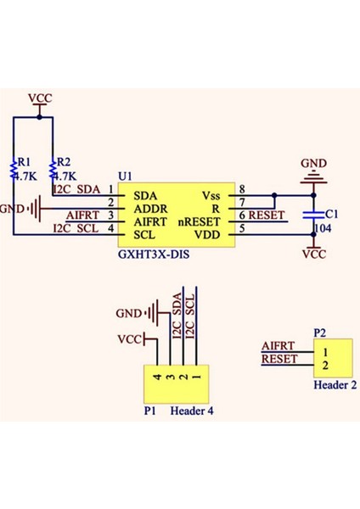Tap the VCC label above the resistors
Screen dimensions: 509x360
pos(40,98)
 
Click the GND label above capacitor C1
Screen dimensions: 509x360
pos(314,162)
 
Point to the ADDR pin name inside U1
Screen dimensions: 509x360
pos(151,208)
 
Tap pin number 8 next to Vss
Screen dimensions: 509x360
pos(242,189)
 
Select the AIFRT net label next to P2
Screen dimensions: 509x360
pos(278,346)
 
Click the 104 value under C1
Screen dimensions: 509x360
pos(323,229)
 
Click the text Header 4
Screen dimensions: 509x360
pos(192,411)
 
